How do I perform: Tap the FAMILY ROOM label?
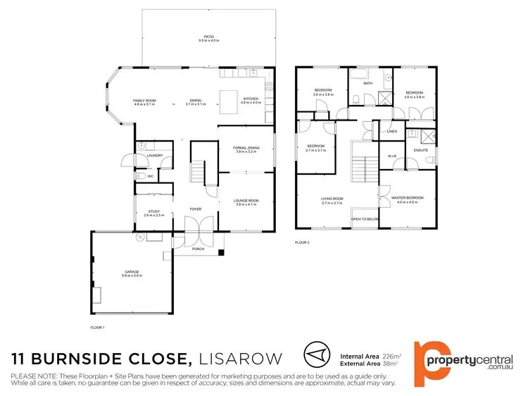pos(144,100)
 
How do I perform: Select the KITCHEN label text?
pos(251,99)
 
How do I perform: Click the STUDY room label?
pos(153,211)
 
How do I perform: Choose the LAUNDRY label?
pos(156,156)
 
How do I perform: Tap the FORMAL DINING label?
pos(246,147)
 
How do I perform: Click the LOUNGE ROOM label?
pos(246,200)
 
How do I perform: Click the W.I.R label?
pos(392,156)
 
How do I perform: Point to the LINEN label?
pos(391,131)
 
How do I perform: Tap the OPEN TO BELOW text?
pos(365,219)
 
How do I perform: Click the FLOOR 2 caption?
pos(303,242)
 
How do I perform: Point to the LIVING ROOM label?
pos(332,199)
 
